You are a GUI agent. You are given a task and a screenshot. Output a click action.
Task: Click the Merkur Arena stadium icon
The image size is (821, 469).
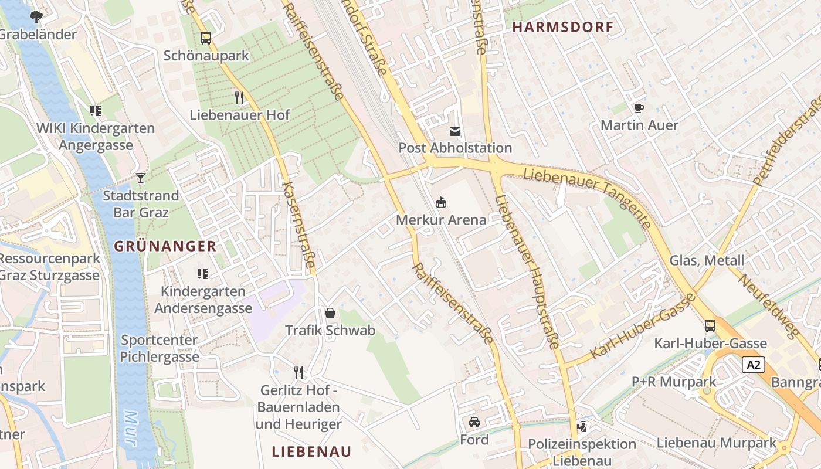(441, 203)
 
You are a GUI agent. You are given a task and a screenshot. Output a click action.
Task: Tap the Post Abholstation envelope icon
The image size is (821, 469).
(455, 131)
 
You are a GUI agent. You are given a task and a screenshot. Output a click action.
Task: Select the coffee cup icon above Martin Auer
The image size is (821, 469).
(639, 108)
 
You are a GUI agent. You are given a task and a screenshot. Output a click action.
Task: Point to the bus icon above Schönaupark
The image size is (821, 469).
(206, 38)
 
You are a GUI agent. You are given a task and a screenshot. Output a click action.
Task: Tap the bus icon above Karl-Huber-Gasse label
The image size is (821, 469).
(710, 326)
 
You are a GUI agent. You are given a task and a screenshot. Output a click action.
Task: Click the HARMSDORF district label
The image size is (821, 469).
(562, 27)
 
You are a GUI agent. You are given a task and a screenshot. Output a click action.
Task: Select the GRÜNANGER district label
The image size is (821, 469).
(165, 246)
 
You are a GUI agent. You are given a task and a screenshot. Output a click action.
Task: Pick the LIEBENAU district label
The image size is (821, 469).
(311, 451)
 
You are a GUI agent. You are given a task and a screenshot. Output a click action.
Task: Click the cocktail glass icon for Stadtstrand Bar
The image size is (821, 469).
(141, 178)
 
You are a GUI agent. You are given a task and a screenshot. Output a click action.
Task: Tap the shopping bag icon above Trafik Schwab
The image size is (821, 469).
(330, 313)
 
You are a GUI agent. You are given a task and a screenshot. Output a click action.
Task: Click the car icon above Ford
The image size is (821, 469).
(474, 422)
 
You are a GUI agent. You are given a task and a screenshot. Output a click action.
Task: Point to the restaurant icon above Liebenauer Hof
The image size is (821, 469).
(239, 97)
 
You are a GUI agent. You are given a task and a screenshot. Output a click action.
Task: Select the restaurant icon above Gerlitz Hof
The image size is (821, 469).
(298, 372)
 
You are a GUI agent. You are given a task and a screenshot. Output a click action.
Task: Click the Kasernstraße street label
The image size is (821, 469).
(298, 226)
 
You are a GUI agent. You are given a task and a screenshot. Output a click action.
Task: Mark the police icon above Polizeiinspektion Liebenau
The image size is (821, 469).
(582, 426)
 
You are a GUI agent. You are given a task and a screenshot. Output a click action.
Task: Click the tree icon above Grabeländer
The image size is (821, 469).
(36, 16)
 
